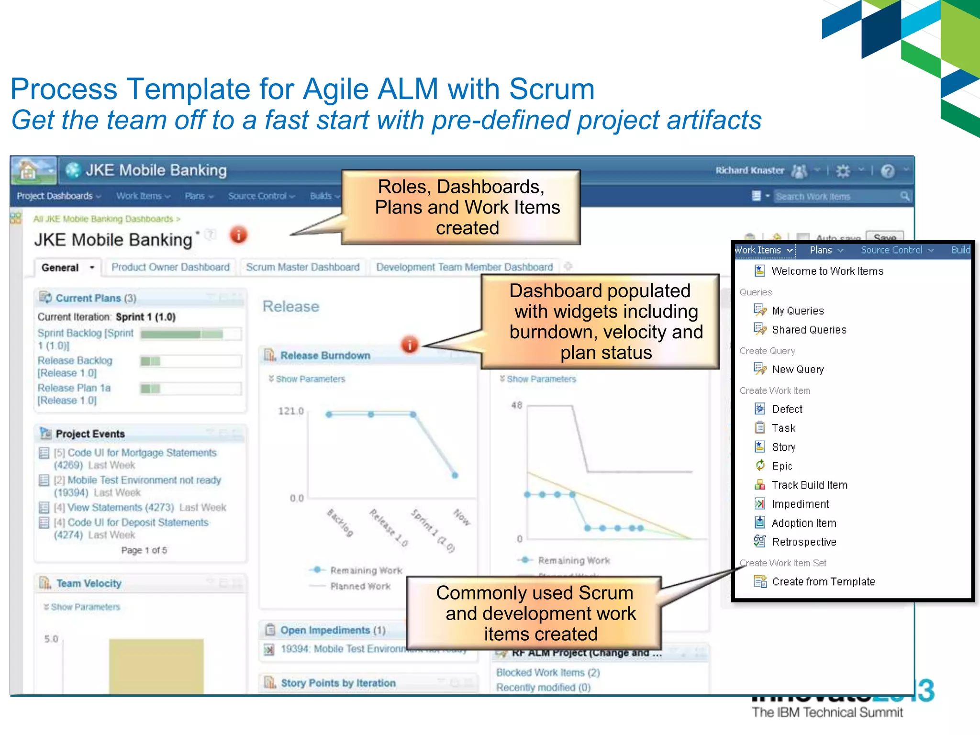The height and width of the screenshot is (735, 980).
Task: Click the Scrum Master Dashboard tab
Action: [302, 267]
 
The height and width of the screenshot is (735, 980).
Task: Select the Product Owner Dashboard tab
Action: [170, 267]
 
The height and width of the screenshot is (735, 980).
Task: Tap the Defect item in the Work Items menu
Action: [787, 409]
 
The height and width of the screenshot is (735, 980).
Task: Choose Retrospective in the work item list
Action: [804, 542]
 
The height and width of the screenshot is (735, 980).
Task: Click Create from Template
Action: [823, 581]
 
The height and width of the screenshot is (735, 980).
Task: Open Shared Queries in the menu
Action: [809, 330]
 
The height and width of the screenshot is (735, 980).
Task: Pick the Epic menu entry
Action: [782, 466]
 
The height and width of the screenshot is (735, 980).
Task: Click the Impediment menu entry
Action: [800, 504]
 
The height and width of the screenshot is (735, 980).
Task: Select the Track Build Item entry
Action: [809, 485]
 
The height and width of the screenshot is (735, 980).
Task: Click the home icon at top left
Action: [28, 170]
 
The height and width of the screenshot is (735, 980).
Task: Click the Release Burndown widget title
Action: [325, 356]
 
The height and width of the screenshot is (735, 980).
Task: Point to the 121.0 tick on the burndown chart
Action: [291, 411]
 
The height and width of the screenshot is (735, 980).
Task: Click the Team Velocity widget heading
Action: [89, 583]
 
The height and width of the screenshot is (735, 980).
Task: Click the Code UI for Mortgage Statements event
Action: [142, 453]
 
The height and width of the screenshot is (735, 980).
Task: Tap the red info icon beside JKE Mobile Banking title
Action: [238, 235]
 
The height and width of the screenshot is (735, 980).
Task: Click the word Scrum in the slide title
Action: [551, 89]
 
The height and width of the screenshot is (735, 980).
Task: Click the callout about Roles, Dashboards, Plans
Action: [461, 207]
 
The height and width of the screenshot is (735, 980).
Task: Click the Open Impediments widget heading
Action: [333, 630]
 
